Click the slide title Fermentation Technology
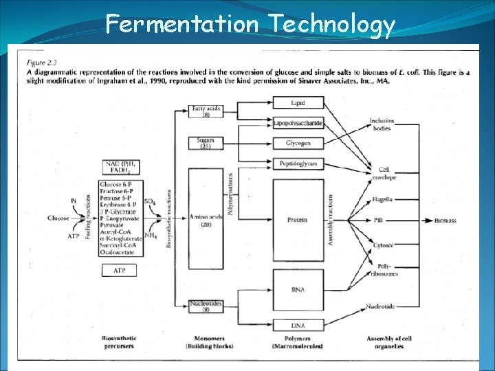[x=250, y=25]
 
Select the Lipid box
[x=298, y=103]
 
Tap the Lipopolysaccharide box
[x=298, y=123]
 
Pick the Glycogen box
[x=298, y=143]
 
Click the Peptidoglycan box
[x=298, y=164]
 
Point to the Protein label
[x=298, y=220]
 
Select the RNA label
[x=298, y=290]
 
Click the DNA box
[x=298, y=325]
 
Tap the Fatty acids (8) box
[x=205, y=111]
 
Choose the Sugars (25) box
[x=205, y=143]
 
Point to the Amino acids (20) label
[x=205, y=221]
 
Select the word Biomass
[x=445, y=221]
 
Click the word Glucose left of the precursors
[x=58, y=218]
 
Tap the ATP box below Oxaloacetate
[x=120, y=270]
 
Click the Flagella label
[x=382, y=199]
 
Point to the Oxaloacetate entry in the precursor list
[x=119, y=252]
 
